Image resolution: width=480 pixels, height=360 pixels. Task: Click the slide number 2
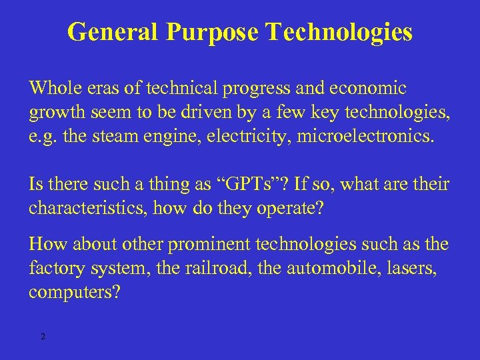tap(43, 337)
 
